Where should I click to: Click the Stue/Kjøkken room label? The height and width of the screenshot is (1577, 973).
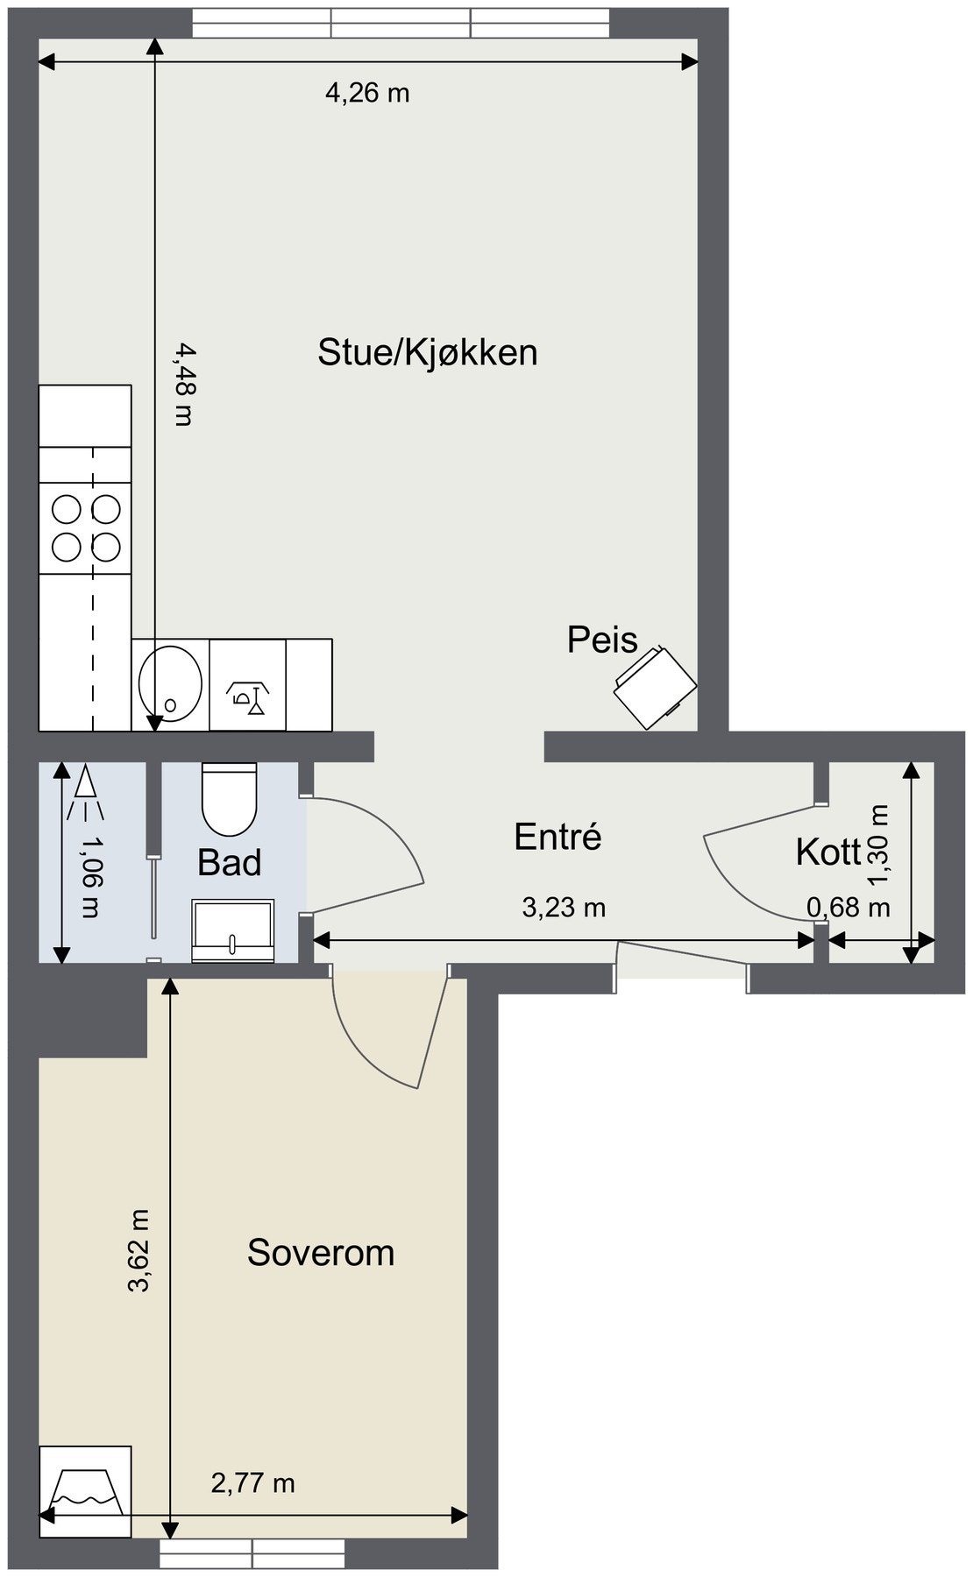pos(427,352)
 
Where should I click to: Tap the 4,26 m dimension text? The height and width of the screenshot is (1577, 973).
pos(367,92)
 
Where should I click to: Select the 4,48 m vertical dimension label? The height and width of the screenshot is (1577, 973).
pos(183,384)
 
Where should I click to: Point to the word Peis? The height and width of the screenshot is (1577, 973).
pos(602,640)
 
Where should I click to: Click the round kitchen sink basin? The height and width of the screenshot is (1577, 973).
pos(170,683)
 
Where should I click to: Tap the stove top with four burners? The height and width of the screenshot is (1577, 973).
pos(86,527)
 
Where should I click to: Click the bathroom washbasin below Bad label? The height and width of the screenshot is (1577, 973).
pos(232,930)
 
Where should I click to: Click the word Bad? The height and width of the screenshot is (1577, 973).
pos(229,862)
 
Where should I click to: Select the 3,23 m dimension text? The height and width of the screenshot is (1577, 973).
pos(564,907)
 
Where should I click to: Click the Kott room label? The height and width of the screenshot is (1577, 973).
pos(828,852)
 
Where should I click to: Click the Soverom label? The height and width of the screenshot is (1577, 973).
pos(321,1252)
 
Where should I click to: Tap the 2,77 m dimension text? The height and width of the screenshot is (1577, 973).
pos(253,1482)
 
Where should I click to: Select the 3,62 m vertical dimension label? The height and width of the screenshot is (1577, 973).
pos(139,1250)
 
